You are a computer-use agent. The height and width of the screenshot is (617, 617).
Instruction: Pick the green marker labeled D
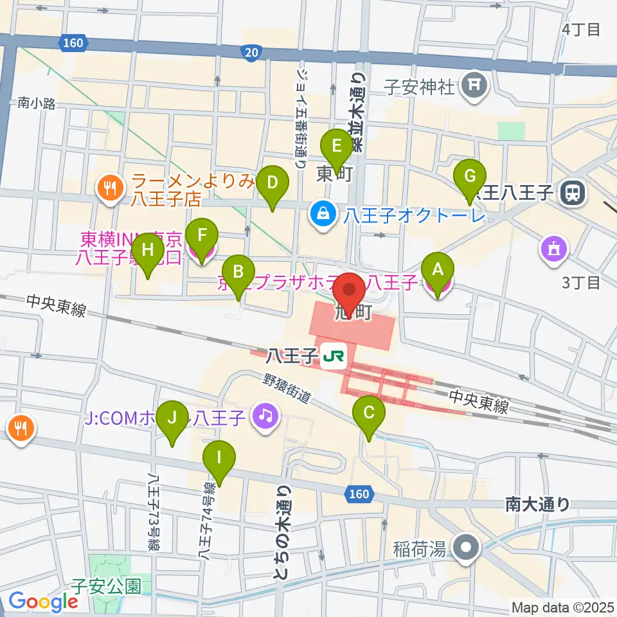coord(273,183)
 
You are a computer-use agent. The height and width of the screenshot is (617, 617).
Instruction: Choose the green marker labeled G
coord(470,176)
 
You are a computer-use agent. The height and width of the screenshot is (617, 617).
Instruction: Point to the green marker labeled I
coord(220,459)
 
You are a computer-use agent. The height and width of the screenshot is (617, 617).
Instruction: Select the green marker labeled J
coord(172,418)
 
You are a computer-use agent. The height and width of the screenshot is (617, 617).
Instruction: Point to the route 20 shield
coord(254,51)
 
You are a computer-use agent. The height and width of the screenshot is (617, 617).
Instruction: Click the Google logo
coord(43,601)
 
